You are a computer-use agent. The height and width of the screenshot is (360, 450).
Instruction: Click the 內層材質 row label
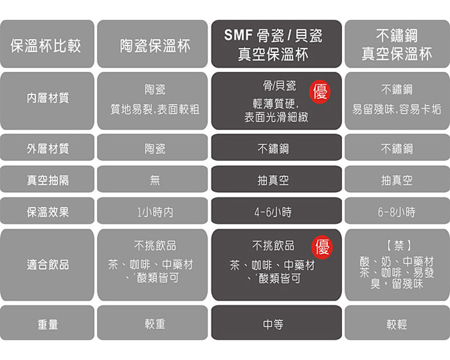(47, 98)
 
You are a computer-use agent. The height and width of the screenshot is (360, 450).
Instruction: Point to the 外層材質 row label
(47, 148)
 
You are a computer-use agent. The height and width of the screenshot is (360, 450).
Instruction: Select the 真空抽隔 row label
(47, 180)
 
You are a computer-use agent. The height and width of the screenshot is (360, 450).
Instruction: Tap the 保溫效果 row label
(47, 212)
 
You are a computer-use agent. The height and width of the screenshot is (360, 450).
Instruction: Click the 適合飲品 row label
(47, 264)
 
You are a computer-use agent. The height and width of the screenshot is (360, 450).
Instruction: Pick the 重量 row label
(47, 324)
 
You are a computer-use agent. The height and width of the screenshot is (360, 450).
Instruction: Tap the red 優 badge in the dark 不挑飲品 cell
(322, 247)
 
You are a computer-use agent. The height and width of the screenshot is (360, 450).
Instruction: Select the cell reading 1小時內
(155, 212)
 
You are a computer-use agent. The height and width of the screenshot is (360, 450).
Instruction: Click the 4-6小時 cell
(276, 212)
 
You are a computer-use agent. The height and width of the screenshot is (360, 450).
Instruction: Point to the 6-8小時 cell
(397, 212)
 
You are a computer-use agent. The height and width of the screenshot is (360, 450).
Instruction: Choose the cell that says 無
(155, 180)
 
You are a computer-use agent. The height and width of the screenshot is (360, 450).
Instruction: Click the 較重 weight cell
(155, 324)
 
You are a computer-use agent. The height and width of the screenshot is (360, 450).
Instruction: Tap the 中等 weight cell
(276, 324)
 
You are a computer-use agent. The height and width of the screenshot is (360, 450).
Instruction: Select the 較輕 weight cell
(397, 324)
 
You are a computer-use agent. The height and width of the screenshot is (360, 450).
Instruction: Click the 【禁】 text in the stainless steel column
(397, 246)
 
